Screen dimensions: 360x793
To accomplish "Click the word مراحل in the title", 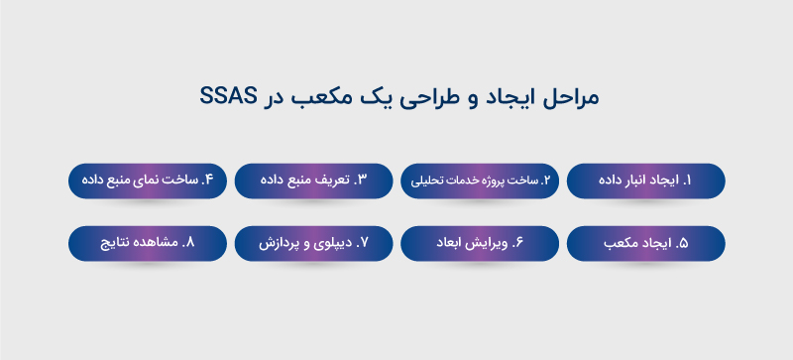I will coord(572,98).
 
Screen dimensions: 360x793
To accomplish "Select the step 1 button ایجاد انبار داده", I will coord(645,180).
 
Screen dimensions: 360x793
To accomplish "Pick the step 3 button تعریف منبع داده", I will coord(314,180).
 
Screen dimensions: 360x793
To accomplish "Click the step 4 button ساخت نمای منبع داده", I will coord(148,180).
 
